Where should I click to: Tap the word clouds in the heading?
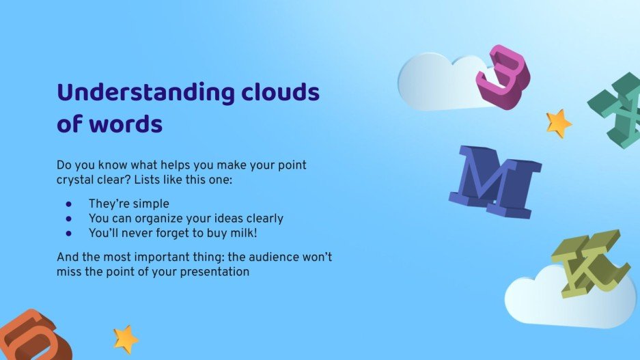pos(280,92)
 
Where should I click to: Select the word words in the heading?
pos(127,125)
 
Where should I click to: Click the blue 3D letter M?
pos(493,181)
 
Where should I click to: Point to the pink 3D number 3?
pos(503,74)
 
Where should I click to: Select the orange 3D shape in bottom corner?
pos(26,336)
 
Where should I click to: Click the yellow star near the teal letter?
pos(558,124)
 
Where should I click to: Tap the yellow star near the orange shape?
pos(126,338)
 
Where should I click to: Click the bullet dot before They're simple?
pos(68,204)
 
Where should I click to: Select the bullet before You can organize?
pos(68,219)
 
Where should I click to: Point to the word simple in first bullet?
pos(151,204)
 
